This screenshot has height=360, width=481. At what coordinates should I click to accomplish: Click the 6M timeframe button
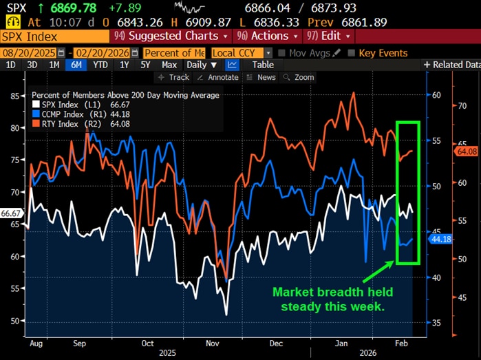(76, 65)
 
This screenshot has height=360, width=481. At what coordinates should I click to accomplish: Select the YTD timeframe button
(100, 65)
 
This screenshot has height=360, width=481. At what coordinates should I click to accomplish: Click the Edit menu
(330, 36)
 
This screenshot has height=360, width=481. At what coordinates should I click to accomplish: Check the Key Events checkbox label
(383, 53)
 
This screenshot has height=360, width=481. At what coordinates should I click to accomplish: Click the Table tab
(263, 65)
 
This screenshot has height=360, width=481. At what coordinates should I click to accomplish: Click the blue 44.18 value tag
(439, 239)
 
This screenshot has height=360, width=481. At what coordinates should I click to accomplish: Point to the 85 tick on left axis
(14, 96)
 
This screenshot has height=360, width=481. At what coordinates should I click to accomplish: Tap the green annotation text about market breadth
(328, 299)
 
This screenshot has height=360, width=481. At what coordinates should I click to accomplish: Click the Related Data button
(451, 65)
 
